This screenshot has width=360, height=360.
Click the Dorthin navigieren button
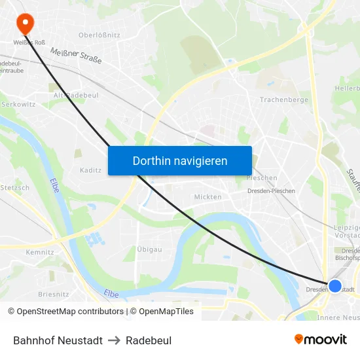179,160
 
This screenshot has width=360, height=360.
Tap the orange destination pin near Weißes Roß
26,24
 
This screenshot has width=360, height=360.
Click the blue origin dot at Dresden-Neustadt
334,286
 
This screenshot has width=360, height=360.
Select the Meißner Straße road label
76,57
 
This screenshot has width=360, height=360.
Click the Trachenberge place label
283,100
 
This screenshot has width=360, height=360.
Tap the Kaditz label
90,170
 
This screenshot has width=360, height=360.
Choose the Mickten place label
207,196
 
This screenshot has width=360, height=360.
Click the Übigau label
150,249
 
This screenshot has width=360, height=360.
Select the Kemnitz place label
39,252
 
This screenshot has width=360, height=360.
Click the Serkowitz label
18,104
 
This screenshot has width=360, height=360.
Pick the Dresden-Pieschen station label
271,191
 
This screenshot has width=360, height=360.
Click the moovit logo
320,340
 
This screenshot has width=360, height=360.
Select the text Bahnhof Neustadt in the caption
58,340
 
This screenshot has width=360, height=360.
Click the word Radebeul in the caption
149,340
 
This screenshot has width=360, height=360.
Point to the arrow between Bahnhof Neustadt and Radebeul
114,340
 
